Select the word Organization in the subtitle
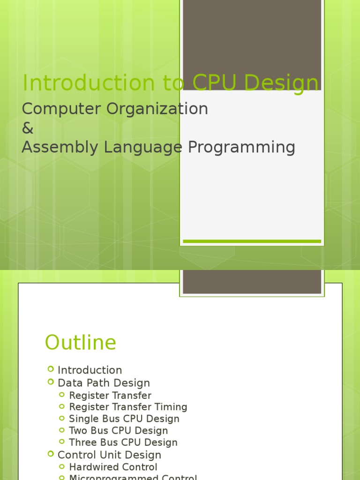pos(157,109)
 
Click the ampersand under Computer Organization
pos(28,128)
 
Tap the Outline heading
pos(80,343)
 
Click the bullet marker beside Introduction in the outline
pos(51,369)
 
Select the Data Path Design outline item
pos(104,383)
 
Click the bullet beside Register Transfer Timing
pos(62,406)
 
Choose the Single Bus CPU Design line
pos(124,419)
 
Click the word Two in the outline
pos(78,430)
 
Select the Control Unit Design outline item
pos(109,455)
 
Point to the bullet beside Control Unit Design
pos(51,454)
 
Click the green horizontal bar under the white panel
pos(252,241)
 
